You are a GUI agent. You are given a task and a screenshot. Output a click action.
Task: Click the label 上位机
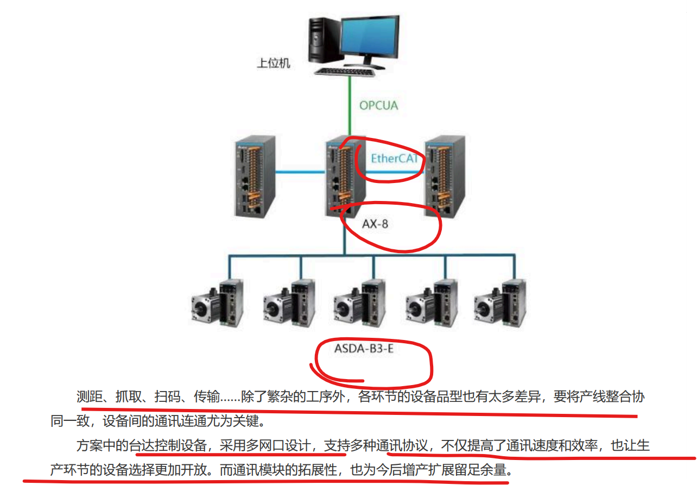click(x=273, y=64)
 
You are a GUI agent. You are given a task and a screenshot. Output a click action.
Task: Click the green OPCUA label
click(x=378, y=105)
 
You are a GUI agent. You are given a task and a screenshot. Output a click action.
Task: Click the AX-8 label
click(x=375, y=223)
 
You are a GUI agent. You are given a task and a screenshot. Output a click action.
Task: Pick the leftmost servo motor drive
click(x=218, y=302)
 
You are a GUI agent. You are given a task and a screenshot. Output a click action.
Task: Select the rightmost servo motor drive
click(x=500, y=302)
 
